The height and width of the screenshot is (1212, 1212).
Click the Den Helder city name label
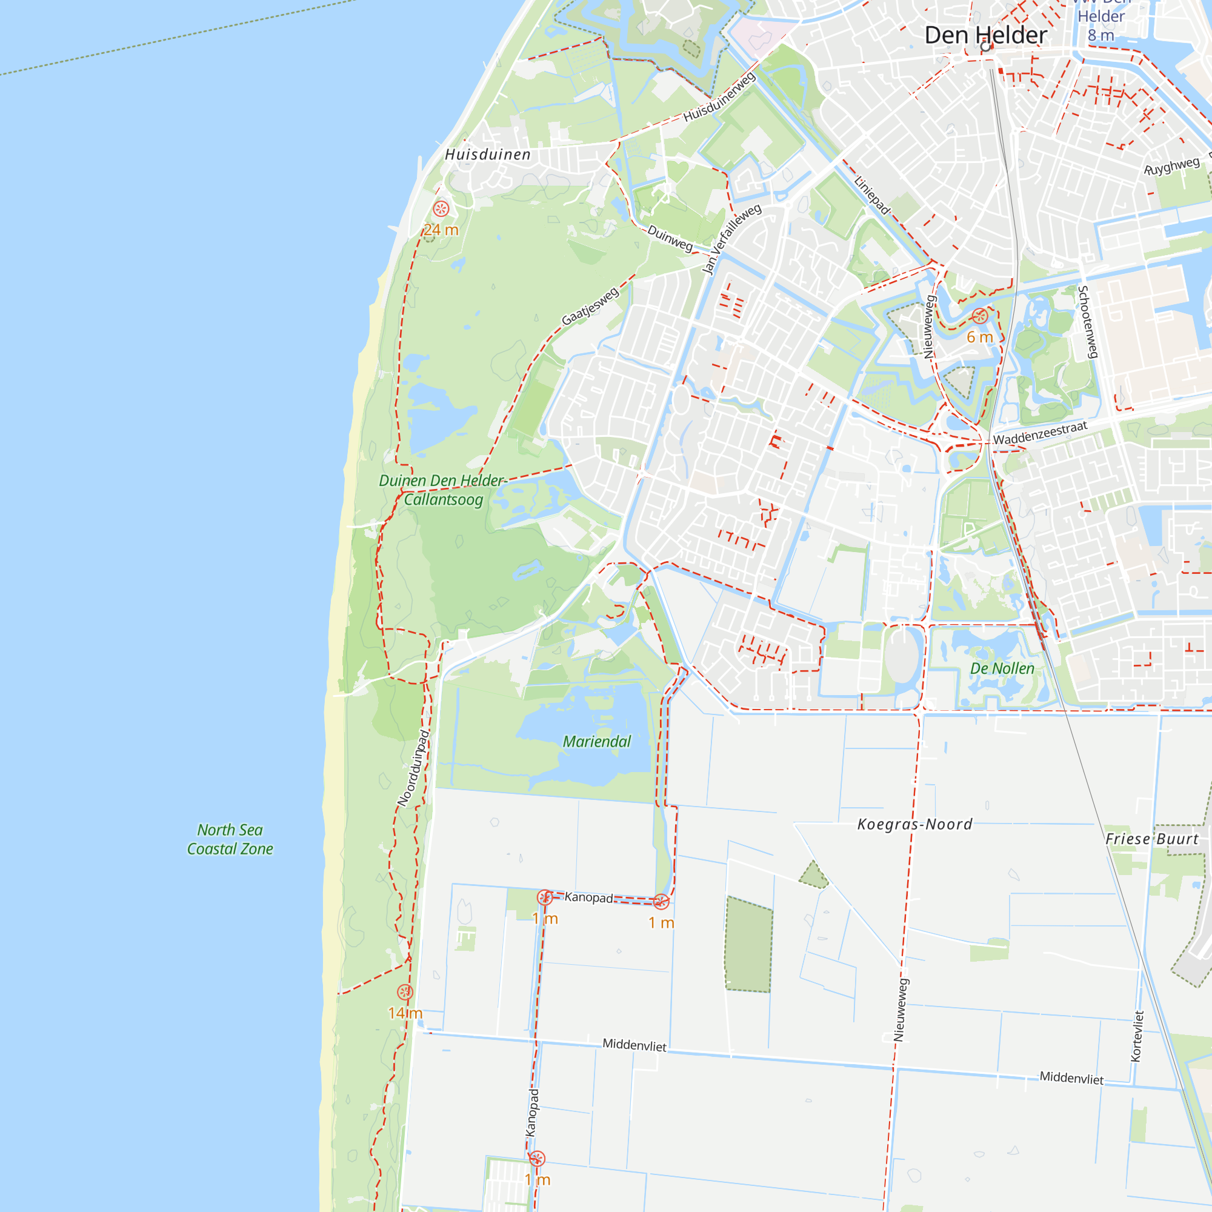click(x=985, y=36)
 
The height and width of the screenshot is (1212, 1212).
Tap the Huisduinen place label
click(x=487, y=155)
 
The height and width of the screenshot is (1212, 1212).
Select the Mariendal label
click(x=596, y=742)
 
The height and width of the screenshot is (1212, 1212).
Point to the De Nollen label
click(x=1002, y=669)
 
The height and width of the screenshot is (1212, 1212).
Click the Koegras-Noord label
click(x=914, y=824)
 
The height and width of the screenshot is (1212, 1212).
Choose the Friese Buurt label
click(x=1152, y=839)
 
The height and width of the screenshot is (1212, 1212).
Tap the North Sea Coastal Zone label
click(x=230, y=839)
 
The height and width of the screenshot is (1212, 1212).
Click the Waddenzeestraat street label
click(x=1039, y=433)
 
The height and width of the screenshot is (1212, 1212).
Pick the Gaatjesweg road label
click(x=590, y=306)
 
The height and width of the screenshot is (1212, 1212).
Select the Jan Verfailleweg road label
click(x=731, y=239)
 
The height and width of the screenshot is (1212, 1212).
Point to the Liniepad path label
click(x=872, y=195)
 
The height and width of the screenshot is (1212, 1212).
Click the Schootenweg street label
click(x=1088, y=322)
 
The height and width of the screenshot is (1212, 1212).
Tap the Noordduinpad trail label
click(x=413, y=768)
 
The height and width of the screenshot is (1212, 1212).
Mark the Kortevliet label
click(x=1137, y=1036)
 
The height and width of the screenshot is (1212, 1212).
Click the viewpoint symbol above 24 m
click(x=441, y=209)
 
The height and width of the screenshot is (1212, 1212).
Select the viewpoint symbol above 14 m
click(x=405, y=992)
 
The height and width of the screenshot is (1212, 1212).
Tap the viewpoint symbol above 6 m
click(x=980, y=316)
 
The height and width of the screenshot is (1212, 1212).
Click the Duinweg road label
click(x=670, y=238)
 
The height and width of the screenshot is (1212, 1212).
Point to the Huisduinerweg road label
click(x=719, y=97)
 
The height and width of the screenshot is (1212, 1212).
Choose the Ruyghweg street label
click(x=1172, y=167)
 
